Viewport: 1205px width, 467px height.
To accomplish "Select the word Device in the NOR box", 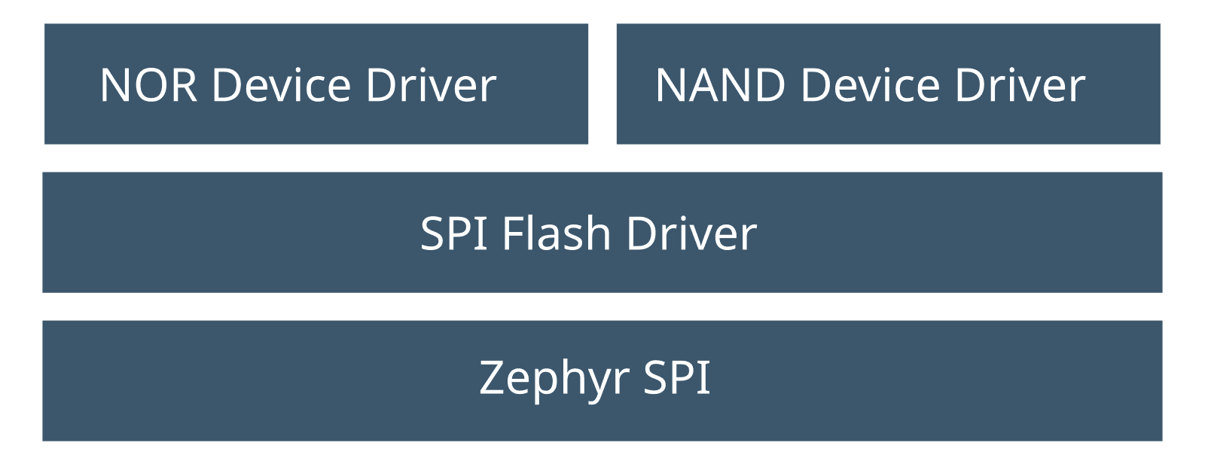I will pyautogui.click(x=282, y=85).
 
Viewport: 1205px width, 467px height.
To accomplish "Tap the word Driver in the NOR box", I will pyautogui.click(x=431, y=85).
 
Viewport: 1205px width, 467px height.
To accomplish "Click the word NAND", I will pyautogui.click(x=720, y=85).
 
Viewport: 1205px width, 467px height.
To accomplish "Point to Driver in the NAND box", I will pyautogui.click(x=1020, y=85).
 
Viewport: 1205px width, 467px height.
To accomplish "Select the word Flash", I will pyautogui.click(x=556, y=233).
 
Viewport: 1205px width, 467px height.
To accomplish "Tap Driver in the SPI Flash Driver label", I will pyautogui.click(x=691, y=233).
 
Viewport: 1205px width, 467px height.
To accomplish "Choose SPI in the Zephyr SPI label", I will pyautogui.click(x=676, y=378).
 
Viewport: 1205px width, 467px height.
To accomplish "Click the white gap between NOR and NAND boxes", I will pyautogui.click(x=602, y=84).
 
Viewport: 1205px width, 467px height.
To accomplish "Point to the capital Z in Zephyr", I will pyautogui.click(x=493, y=378).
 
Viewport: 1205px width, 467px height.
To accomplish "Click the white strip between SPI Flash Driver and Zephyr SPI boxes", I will pyautogui.click(x=602, y=307).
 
